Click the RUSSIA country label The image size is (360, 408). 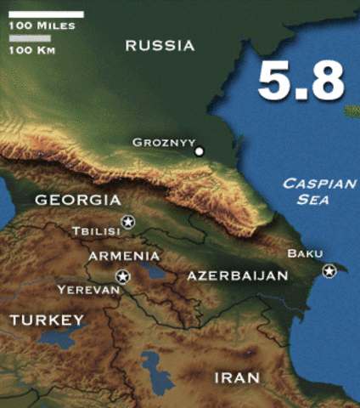tap(160, 46)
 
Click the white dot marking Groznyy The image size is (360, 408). tap(200, 151)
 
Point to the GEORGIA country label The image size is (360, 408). tap(77, 201)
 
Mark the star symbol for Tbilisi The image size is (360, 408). tap(128, 222)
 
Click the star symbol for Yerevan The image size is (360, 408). tap(122, 276)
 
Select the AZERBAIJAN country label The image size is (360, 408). tap(238, 275)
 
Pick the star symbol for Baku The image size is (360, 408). tap(329, 270)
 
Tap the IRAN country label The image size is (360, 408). tap(237, 377)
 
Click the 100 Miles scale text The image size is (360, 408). tap(42, 25)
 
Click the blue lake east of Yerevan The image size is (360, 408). tap(154, 272)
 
